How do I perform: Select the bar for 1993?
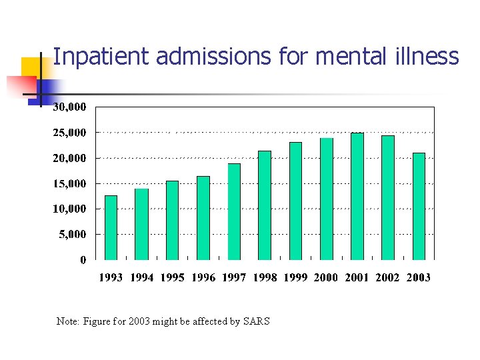[111, 227]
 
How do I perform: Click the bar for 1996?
[203, 218]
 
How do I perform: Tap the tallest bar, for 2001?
[357, 196]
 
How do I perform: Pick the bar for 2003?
[419, 206]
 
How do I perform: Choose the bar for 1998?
[265, 205]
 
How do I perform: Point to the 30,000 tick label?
[69, 107]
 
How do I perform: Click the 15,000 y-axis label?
[69, 183]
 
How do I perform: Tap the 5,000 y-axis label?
[72, 234]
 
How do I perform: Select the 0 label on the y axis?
[83, 260]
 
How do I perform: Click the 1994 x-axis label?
[142, 277]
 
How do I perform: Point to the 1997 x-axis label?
[234, 277]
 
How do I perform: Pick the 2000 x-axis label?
[325, 277]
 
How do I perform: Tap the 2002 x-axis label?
[387, 277]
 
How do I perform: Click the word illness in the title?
[431, 57]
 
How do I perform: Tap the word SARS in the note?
[257, 321]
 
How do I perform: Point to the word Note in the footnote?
[67, 321]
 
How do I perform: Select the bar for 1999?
[295, 201]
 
